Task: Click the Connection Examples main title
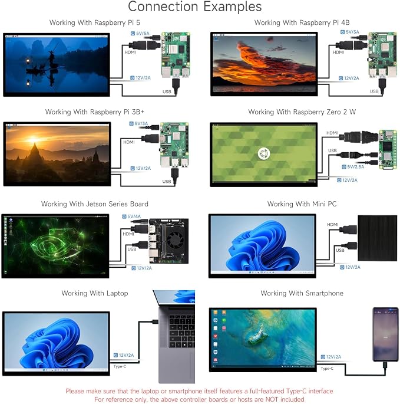(194, 6)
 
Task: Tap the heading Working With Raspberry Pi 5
(95, 22)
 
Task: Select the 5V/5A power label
(140, 33)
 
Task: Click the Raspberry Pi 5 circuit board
(176, 55)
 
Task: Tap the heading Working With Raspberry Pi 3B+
(94, 112)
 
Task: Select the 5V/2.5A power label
(353, 167)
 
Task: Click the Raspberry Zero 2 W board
(388, 149)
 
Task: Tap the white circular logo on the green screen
(263, 153)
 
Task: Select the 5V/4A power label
(131, 216)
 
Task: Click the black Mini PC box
(378, 238)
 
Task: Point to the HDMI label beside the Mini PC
(333, 225)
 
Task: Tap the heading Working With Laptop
(95, 293)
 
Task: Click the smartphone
(385, 334)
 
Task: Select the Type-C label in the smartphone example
(327, 369)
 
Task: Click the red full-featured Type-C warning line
(199, 391)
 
